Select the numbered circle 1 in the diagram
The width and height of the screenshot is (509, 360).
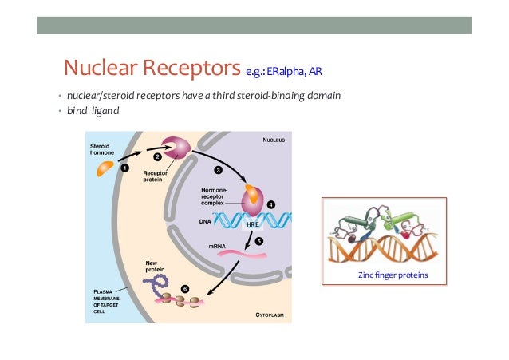(x=124, y=168)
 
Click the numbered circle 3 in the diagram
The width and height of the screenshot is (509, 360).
(x=218, y=171)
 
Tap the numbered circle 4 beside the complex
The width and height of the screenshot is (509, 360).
(x=272, y=204)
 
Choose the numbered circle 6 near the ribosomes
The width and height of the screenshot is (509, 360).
(x=186, y=287)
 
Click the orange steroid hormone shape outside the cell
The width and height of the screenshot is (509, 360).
(x=106, y=168)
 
